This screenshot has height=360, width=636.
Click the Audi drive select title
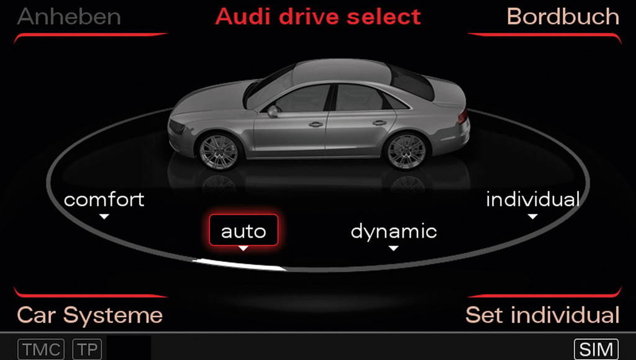pos(318,17)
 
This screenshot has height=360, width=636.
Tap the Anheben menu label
pos(69,17)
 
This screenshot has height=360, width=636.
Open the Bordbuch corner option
pos(563,17)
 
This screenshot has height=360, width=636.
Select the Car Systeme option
pos(89,315)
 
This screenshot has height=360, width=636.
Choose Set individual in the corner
pos(542,315)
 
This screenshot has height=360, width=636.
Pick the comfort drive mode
pos(104,199)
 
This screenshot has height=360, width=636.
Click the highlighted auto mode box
pos(243,230)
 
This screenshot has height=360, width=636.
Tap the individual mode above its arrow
pos(532,199)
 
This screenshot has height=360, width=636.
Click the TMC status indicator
pos(41,349)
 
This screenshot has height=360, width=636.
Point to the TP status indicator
pos(87,349)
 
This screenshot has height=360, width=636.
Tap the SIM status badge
pos(596,349)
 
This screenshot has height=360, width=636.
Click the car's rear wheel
pos(406,151)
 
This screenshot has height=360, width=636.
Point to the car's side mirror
pos(273,111)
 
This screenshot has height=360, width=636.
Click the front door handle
pos(316,125)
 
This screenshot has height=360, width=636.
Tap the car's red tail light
pos(462,117)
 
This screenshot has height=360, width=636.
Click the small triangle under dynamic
pos(393,248)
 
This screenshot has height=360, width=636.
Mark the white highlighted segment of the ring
pos(239,264)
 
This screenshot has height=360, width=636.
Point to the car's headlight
pos(176,127)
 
